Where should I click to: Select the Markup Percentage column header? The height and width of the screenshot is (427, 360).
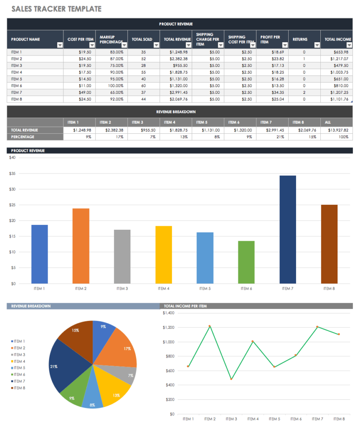coord(110,39)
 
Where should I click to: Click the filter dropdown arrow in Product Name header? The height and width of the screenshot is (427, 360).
coord(60,45)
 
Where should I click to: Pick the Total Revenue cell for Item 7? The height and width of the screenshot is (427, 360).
coord(175,92)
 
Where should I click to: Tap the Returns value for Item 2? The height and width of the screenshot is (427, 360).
coord(304,59)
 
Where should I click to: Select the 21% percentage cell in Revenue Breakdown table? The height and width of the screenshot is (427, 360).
coord(273,137)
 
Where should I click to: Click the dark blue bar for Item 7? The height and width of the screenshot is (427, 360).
coord(288,229)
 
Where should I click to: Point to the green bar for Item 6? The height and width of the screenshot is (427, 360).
coord(246,262)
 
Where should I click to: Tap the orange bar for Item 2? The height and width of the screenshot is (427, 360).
coord(81,246)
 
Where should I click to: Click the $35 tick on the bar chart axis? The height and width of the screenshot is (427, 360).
coord(12,173)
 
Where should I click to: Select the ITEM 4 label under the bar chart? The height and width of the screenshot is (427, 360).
coord(163,289)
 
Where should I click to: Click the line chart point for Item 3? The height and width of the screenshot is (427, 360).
coord(231,379)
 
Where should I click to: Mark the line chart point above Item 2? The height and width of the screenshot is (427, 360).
coord(209,326)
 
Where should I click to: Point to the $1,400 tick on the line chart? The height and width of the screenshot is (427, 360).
coord(169,313)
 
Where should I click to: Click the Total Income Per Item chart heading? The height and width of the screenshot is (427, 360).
coord(185,306)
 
